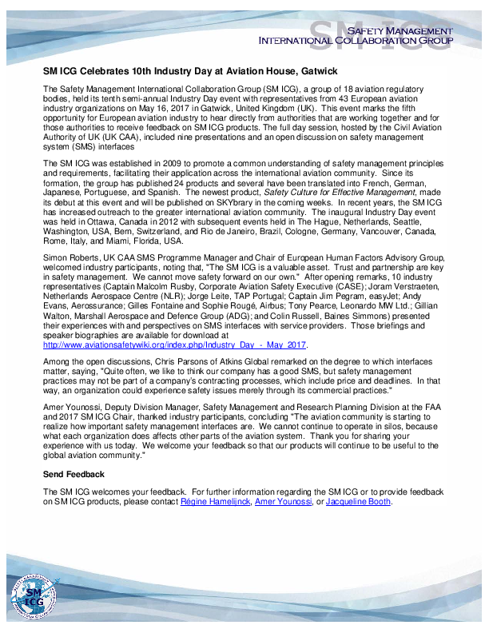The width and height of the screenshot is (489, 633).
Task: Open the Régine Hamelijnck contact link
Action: click(x=216, y=501)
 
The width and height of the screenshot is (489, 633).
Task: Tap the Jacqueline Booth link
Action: click(x=359, y=501)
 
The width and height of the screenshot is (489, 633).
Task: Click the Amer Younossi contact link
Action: click(x=284, y=501)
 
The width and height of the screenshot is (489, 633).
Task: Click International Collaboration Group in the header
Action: click(x=356, y=39)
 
